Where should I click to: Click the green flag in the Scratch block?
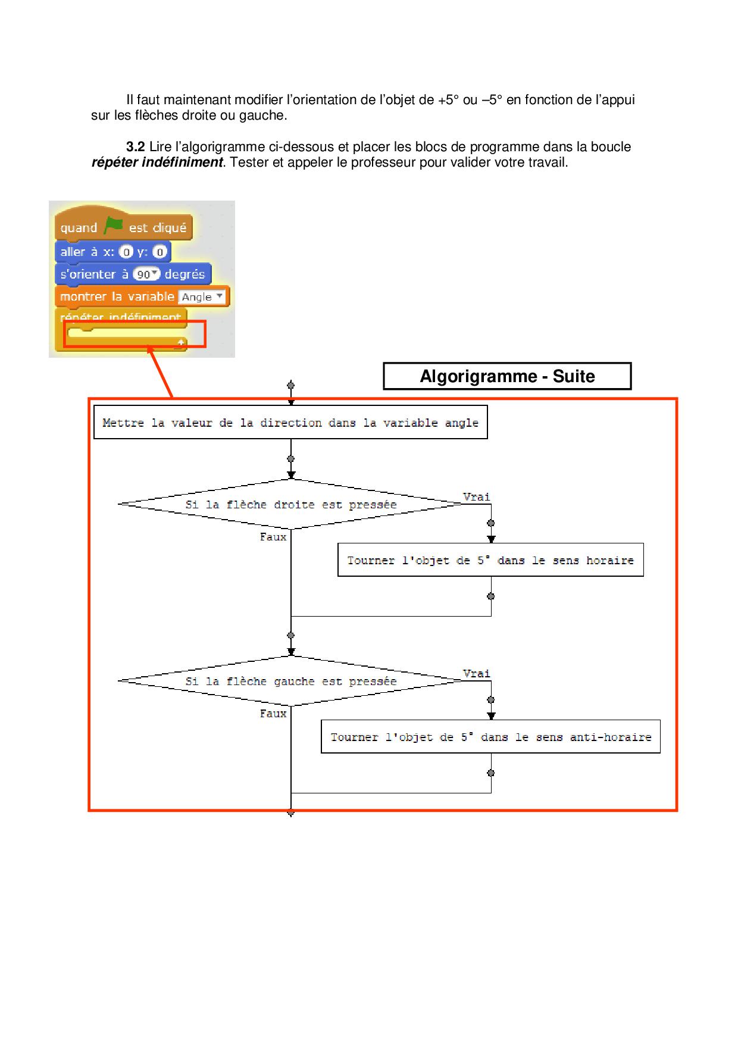113,226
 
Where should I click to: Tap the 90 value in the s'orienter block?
146,274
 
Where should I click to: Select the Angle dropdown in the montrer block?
202,296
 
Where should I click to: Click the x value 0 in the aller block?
126,252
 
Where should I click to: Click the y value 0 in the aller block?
160,252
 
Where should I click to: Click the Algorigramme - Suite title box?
507,376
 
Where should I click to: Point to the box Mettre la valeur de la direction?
290,423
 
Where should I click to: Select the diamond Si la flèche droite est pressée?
290,505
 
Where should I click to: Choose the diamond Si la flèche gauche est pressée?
290,682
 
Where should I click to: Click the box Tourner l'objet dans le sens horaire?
490,560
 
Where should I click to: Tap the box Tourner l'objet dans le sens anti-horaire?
490,737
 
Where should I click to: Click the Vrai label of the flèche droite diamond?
476,497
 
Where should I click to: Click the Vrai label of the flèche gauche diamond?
476,674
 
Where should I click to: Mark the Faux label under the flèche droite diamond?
273,537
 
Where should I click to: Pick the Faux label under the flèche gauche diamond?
273,714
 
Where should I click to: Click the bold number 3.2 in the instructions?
136,147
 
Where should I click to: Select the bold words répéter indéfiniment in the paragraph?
157,162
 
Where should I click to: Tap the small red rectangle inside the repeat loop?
135,334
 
